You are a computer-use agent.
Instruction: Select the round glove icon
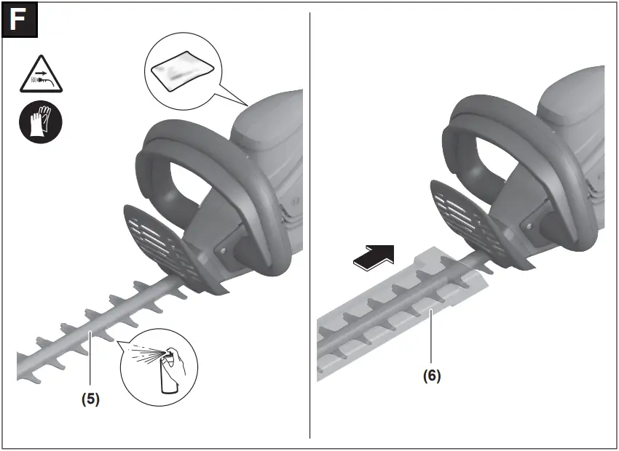(40, 121)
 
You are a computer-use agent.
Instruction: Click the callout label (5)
(89, 399)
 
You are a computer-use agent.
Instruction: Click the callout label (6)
(432, 376)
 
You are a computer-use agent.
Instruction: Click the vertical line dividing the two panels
(310, 218)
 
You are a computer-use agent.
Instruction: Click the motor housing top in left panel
(266, 124)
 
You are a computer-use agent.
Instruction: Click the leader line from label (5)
(90, 364)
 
